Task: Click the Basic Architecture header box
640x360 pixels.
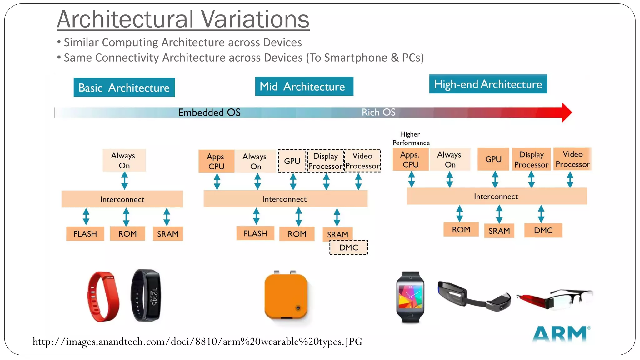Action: tap(124, 87)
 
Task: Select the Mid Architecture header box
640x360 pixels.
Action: tap(304, 86)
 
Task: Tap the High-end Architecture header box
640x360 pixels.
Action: tap(488, 84)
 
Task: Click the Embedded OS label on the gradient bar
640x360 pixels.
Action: tap(209, 112)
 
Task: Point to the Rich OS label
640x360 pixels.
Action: tap(378, 112)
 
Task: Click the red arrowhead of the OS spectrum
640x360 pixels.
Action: tap(566, 112)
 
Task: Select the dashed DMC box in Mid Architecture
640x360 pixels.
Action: tap(349, 247)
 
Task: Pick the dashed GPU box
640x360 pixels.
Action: tap(292, 161)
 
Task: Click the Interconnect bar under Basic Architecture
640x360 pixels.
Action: tap(122, 199)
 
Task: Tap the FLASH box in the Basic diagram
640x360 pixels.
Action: tap(85, 234)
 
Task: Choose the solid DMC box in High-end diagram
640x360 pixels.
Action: tap(543, 230)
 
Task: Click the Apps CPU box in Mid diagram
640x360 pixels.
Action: tap(216, 161)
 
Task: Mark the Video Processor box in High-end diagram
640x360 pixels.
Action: tap(572, 159)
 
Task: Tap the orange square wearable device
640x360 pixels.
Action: tap(286, 296)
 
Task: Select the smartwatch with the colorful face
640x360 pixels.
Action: tap(410, 297)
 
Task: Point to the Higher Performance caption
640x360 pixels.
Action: tap(411, 138)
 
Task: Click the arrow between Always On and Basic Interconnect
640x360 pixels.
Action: tap(124, 181)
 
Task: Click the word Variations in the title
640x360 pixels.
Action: tap(255, 19)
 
